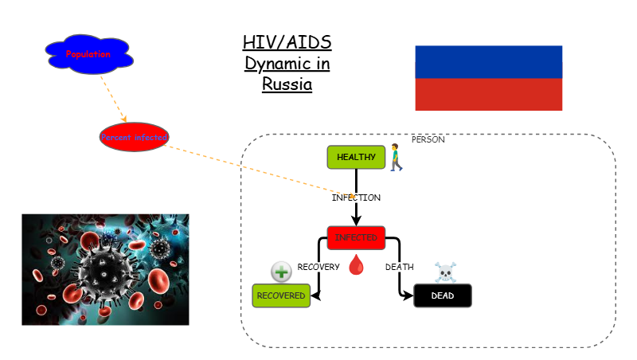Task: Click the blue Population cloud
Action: point(88,54)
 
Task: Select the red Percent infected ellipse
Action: point(135,137)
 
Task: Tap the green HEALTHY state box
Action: point(356,157)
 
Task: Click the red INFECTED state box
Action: point(356,237)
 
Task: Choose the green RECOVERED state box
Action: point(280,295)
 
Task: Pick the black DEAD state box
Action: point(443,295)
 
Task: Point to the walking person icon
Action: point(395,157)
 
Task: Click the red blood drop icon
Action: point(356,264)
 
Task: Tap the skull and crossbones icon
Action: point(445,272)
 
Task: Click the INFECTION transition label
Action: point(356,197)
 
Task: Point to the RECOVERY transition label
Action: point(318,267)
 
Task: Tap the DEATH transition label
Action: point(399,267)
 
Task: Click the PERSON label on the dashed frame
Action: point(428,139)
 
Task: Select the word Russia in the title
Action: point(287,83)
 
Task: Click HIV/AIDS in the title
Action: point(287,43)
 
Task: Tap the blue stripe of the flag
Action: point(488,61)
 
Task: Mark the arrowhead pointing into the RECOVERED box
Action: point(315,295)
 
